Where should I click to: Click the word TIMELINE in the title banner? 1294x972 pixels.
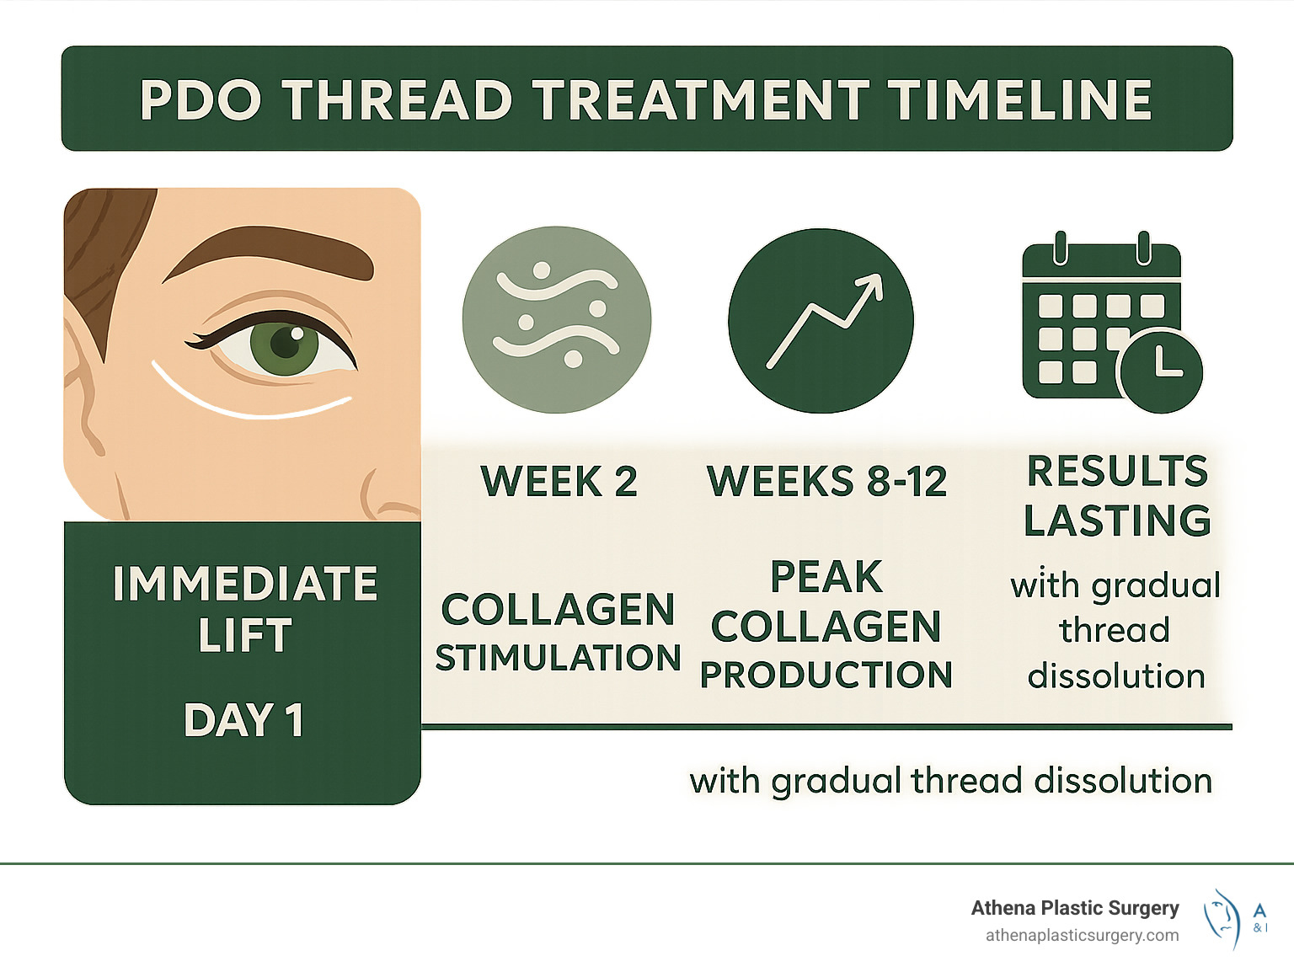1021,100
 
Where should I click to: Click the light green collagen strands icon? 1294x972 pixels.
557,320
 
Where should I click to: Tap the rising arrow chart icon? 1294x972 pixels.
821,321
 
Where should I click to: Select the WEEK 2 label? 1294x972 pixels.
559,482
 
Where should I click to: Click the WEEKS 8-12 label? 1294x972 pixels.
826,482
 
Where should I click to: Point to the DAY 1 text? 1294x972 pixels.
243,720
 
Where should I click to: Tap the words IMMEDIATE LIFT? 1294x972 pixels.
244,608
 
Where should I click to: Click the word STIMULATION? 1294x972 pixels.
558,658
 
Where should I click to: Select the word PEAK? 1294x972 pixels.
826,577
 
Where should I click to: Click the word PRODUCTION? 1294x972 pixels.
826,675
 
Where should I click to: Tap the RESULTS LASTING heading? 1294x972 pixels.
1117,495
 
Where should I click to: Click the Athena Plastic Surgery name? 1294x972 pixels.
1074,908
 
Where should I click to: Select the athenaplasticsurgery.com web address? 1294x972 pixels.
1082,935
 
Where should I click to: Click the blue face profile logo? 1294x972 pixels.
1223,918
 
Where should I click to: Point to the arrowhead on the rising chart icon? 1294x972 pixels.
873,284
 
